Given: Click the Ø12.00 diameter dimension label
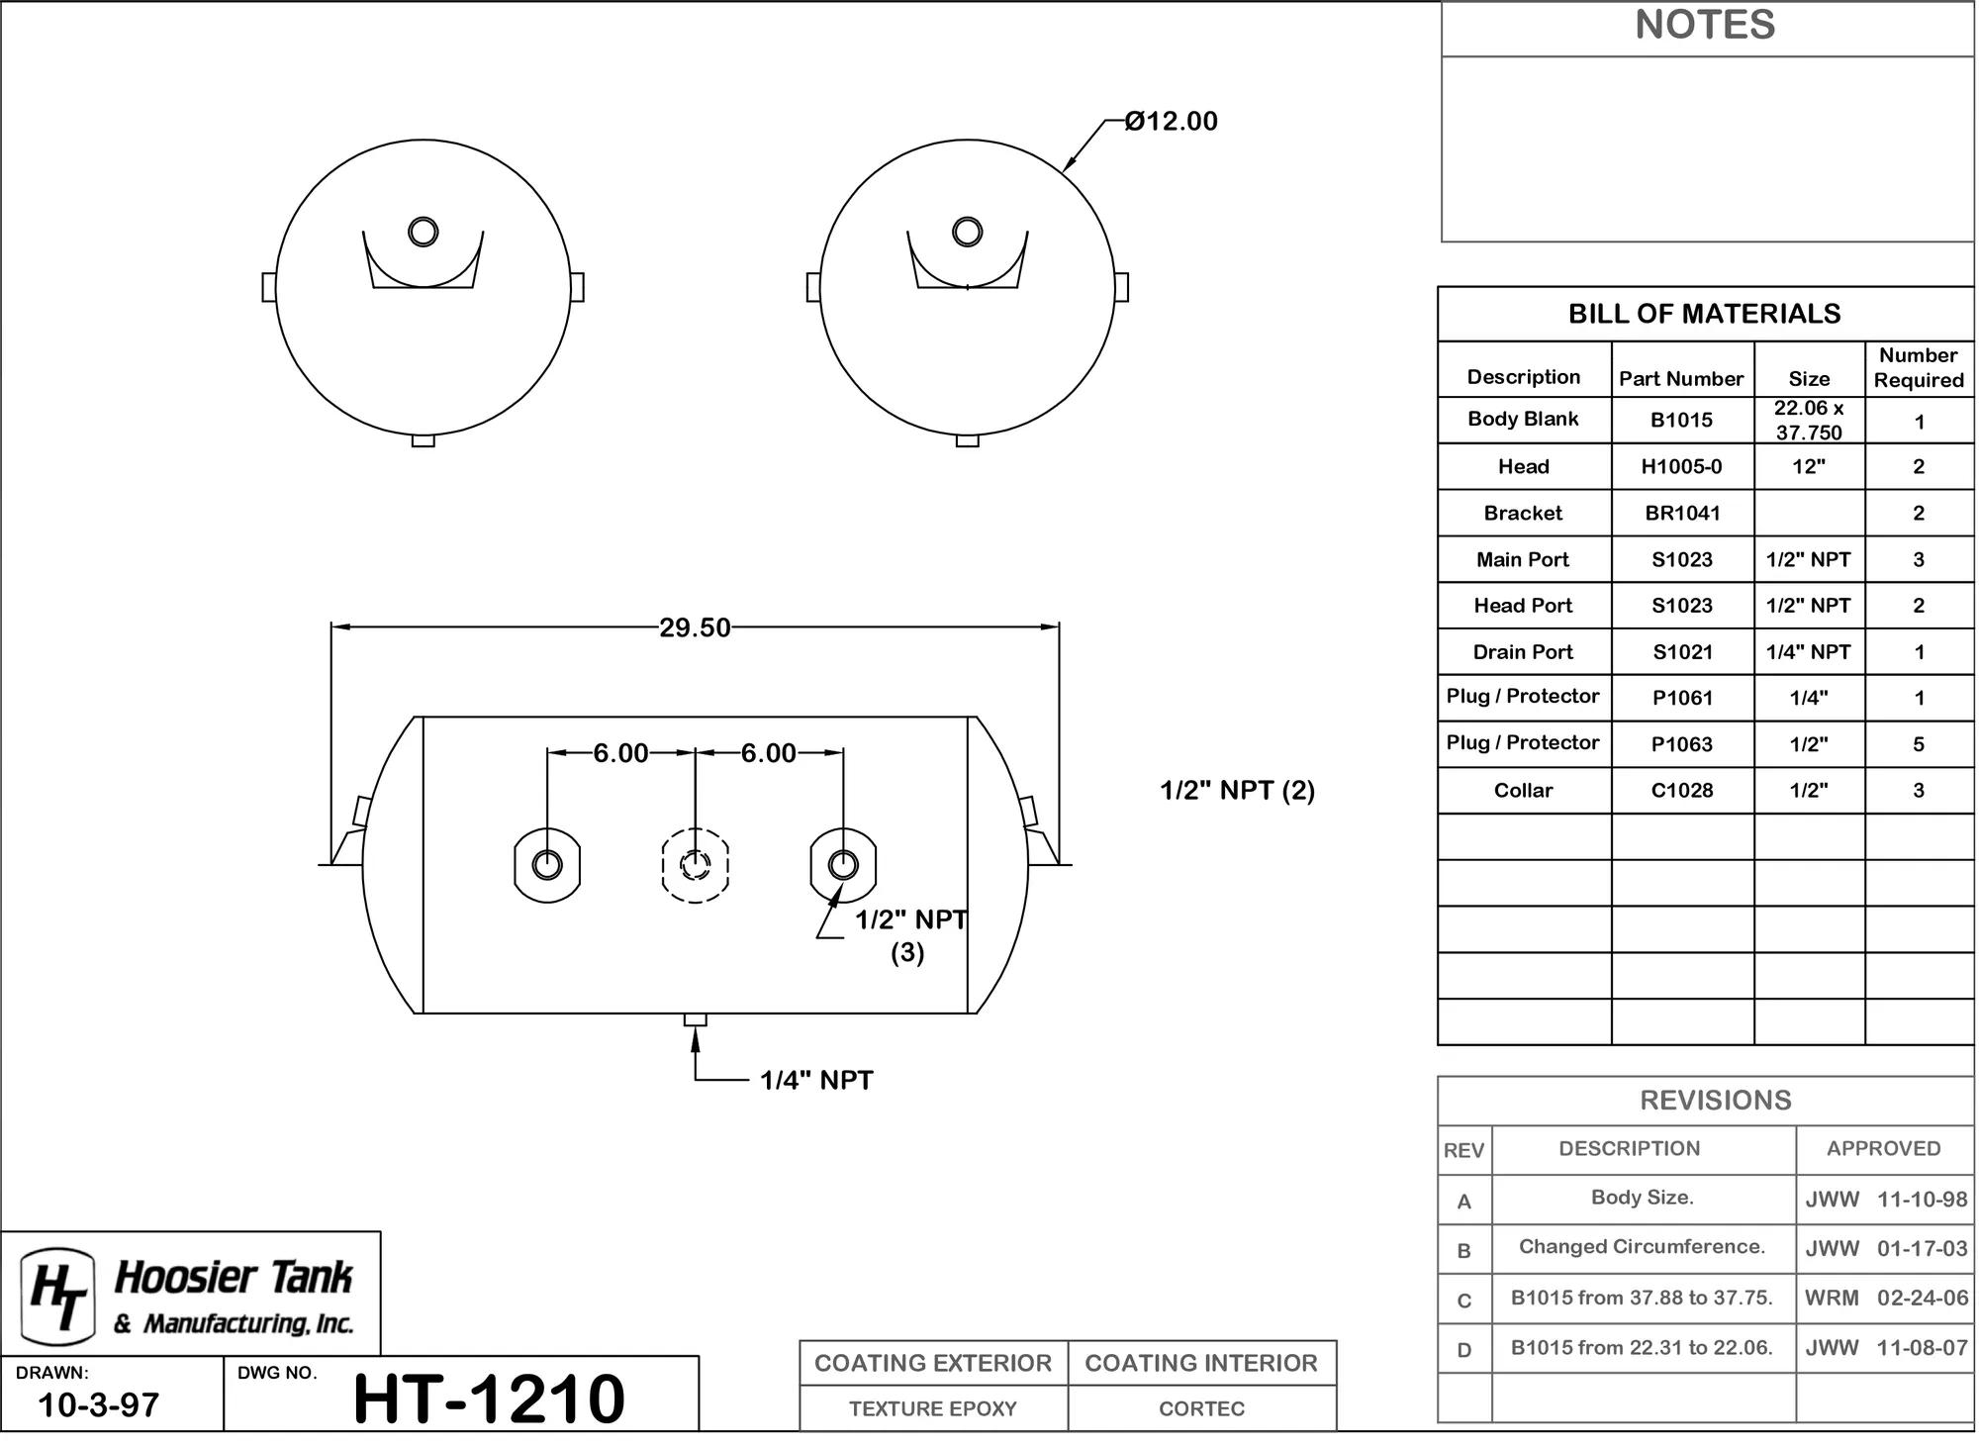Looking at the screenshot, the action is point(1172,122).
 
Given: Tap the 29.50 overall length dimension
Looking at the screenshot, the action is point(695,627).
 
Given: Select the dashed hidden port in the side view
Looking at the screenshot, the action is point(696,865).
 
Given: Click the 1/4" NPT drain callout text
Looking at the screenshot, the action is point(816,1080).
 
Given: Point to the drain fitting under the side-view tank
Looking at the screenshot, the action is point(696,1019).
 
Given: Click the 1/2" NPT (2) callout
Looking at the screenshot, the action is point(1237,790).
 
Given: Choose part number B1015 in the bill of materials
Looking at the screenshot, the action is point(1681,420).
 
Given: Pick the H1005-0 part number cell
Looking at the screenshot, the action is point(1681,466).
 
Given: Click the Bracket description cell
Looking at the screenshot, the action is point(1523,513).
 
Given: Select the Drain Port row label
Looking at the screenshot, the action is point(1523,651).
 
